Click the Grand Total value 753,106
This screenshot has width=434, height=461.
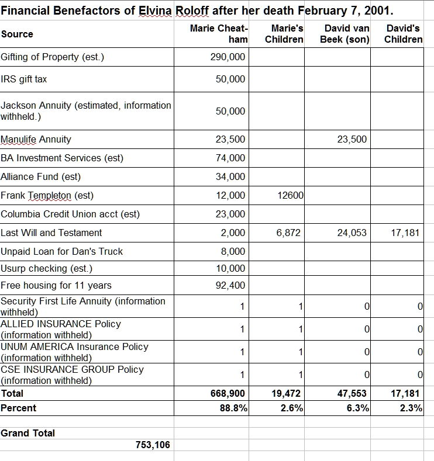click(x=153, y=445)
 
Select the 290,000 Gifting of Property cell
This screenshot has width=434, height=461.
click(x=228, y=57)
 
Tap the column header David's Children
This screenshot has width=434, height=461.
click(x=403, y=34)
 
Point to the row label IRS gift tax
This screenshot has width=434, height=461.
click(x=24, y=79)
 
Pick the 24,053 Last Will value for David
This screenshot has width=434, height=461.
click(x=352, y=233)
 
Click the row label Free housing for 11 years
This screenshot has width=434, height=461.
click(x=56, y=286)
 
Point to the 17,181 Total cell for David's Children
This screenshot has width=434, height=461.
click(x=405, y=393)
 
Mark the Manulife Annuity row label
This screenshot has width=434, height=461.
click(x=36, y=140)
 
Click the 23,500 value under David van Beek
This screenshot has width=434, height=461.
click(x=352, y=140)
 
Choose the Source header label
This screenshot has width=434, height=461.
click(x=17, y=34)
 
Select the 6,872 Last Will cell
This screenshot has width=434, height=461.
click(x=288, y=233)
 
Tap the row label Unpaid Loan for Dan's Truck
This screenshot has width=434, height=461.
click(x=62, y=252)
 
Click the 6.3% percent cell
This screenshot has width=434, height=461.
click(x=358, y=408)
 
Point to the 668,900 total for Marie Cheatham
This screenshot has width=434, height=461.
click(x=228, y=393)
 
